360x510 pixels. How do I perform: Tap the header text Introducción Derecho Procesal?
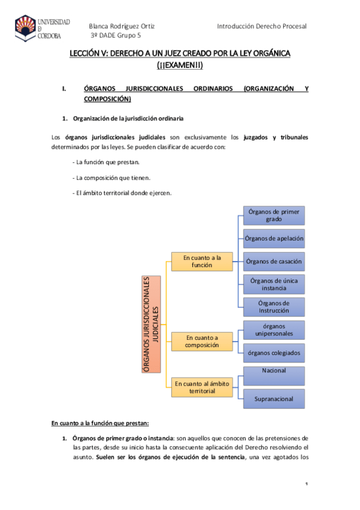coord(261,26)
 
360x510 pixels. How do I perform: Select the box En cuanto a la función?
coord(202,262)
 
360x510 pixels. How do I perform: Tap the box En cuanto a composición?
coord(202,341)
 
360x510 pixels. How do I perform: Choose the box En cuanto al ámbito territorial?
coord(202,386)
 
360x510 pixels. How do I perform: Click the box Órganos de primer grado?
coord(273,215)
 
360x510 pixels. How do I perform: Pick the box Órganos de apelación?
coord(273,238)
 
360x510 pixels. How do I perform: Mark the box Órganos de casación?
coord(273,261)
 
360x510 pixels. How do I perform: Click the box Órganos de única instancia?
coord(273,284)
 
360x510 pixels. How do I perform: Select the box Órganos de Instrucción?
coord(273,307)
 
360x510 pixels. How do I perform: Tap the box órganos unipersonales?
coord(273,330)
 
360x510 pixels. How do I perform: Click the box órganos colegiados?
coord(273,352)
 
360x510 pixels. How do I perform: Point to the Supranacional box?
coord(273,399)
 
